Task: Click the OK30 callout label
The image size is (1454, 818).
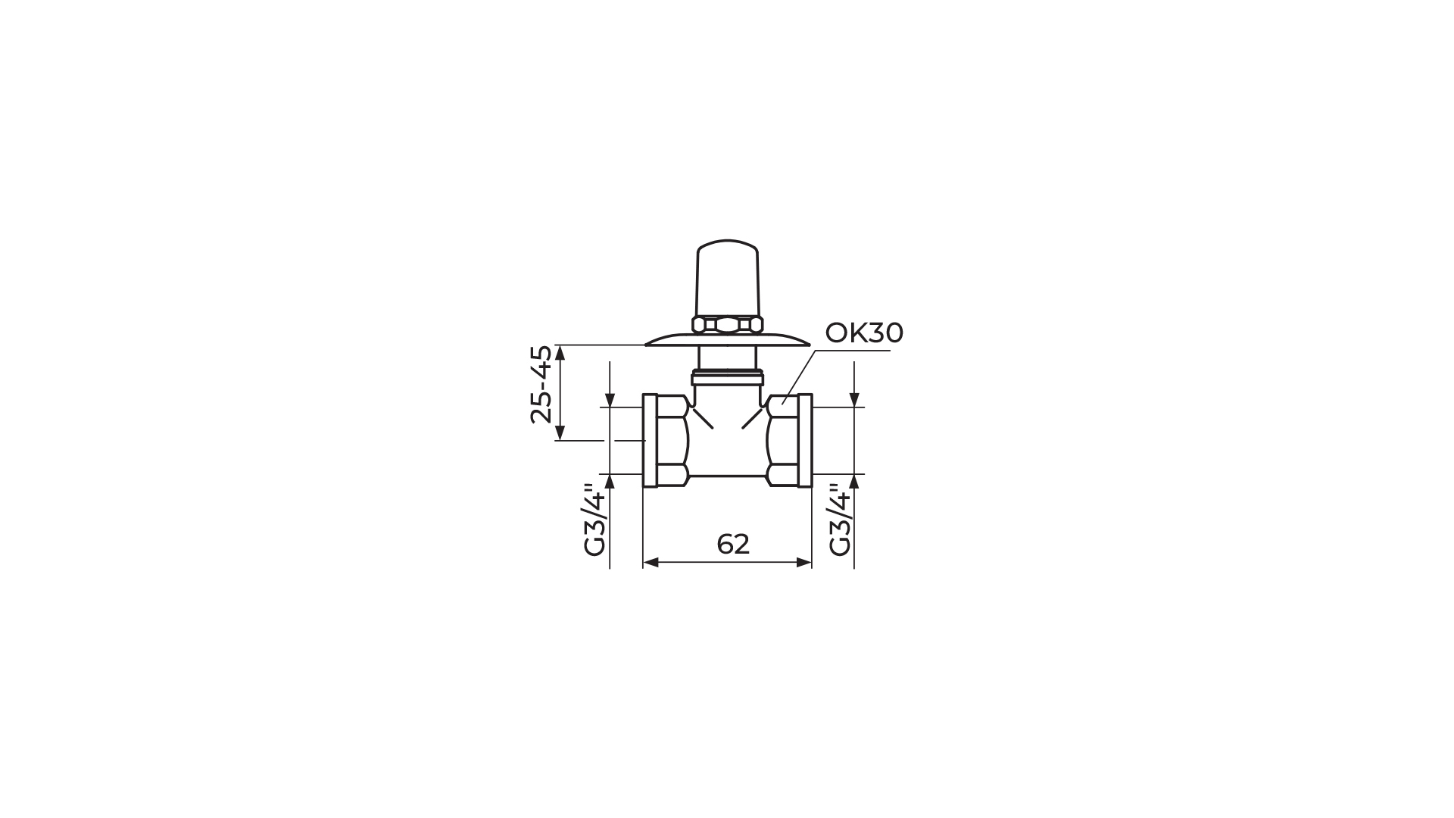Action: point(864,333)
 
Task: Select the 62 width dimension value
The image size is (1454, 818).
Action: point(732,544)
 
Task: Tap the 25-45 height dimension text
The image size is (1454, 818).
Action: point(541,384)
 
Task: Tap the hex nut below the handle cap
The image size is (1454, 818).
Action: point(727,325)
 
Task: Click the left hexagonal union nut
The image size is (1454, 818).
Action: point(671,440)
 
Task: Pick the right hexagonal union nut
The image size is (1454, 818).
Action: point(783,440)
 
